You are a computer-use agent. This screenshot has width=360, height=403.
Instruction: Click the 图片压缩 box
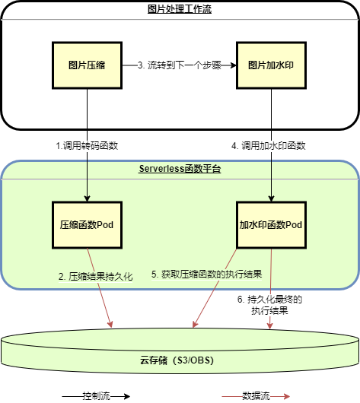click(87, 65)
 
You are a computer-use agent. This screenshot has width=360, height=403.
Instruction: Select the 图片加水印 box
click(272, 65)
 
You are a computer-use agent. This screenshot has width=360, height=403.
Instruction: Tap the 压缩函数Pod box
click(87, 225)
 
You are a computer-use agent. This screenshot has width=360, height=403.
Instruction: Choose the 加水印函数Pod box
click(272, 225)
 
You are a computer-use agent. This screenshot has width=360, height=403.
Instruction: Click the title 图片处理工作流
click(180, 9)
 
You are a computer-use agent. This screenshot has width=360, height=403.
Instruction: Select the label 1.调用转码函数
click(87, 144)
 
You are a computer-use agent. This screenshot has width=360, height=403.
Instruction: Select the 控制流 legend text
click(97, 396)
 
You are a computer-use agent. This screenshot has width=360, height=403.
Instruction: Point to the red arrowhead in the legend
click(286, 396)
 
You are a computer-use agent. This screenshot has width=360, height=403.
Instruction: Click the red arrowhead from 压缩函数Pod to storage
click(111, 325)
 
